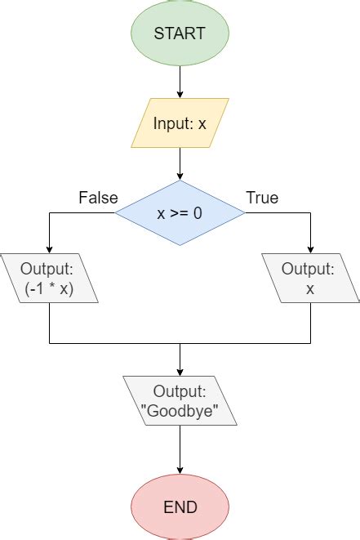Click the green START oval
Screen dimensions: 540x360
coord(180,34)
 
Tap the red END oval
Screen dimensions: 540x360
coord(180,507)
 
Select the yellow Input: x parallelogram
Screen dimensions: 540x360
coord(180,123)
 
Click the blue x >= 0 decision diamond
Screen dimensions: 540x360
coord(180,213)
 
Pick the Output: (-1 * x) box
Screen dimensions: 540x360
coord(49,279)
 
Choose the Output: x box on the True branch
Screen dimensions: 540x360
coord(310,279)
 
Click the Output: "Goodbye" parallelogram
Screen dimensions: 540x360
coord(180,400)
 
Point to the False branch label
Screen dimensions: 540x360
coord(98,198)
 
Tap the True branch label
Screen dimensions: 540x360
coord(262,198)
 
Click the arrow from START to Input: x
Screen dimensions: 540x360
coord(180,83)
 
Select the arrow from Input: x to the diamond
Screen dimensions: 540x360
coord(180,164)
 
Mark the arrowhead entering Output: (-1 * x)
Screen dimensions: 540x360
coord(49,249)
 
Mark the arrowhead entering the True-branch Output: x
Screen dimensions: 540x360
coord(310,249)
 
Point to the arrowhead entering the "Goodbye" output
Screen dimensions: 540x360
coord(180,372)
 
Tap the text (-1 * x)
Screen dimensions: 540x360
coord(49,288)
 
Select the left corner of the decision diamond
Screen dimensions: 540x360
coord(117,213)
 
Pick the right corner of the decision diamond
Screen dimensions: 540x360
coord(242,213)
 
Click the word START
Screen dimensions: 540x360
coord(180,34)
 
